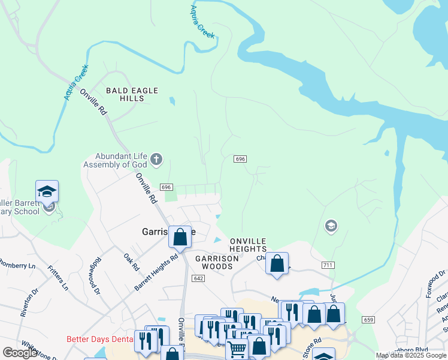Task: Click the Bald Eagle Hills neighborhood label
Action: coord(132,94)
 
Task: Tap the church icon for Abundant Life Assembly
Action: coord(156,159)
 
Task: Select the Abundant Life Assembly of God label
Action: coord(114,160)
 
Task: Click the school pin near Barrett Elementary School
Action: coord(47,192)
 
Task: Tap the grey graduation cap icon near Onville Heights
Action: coord(330,226)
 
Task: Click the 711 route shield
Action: coord(328,265)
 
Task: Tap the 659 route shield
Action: coord(368,320)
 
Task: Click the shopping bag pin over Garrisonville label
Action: coord(180,237)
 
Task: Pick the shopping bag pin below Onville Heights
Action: coord(277,263)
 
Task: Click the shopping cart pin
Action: coord(237,348)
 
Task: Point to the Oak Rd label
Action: coord(131,262)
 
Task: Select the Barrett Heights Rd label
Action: coord(156,272)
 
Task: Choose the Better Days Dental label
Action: coord(99,339)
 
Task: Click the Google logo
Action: coord(20,353)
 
